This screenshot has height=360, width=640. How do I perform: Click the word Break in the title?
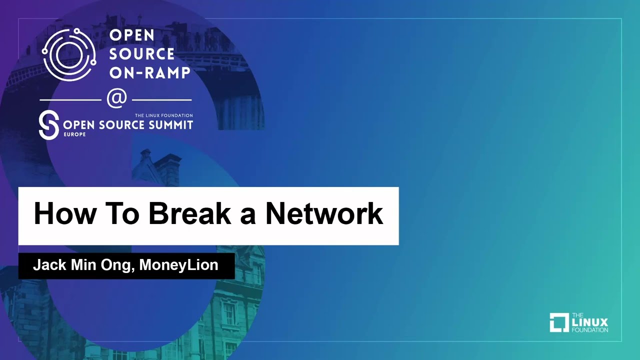pyautogui.click(x=189, y=213)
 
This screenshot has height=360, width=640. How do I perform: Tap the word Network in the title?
pyautogui.click(x=324, y=213)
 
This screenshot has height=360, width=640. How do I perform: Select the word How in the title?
pyautogui.click(x=65, y=213)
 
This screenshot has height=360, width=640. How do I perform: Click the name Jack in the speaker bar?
pyautogui.click(x=49, y=265)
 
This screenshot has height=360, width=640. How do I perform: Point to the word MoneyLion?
pyautogui.click(x=178, y=265)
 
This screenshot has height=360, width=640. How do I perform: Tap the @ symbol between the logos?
pyautogui.click(x=117, y=98)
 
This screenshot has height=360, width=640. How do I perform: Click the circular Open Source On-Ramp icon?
pyautogui.click(x=69, y=54)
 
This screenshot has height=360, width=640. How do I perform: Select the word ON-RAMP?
pyautogui.click(x=149, y=72)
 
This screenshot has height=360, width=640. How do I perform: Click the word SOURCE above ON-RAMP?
pyautogui.click(x=141, y=53)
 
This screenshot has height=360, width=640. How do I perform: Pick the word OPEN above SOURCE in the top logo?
pyautogui.click(x=131, y=35)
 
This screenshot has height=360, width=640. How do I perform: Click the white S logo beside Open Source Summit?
pyautogui.click(x=49, y=125)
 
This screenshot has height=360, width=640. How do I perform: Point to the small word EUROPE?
pyautogui.click(x=74, y=134)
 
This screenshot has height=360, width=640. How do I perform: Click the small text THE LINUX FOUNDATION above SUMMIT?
pyautogui.click(x=163, y=115)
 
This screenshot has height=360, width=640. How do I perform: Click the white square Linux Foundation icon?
pyautogui.click(x=559, y=322)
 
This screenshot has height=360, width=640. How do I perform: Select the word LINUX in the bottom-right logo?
pyautogui.click(x=589, y=322)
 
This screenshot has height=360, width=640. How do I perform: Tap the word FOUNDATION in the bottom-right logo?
pyautogui.click(x=589, y=329)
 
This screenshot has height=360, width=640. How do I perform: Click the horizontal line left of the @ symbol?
pyautogui.click(x=70, y=100)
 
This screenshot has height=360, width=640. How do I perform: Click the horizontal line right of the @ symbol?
pyautogui.click(x=161, y=100)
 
